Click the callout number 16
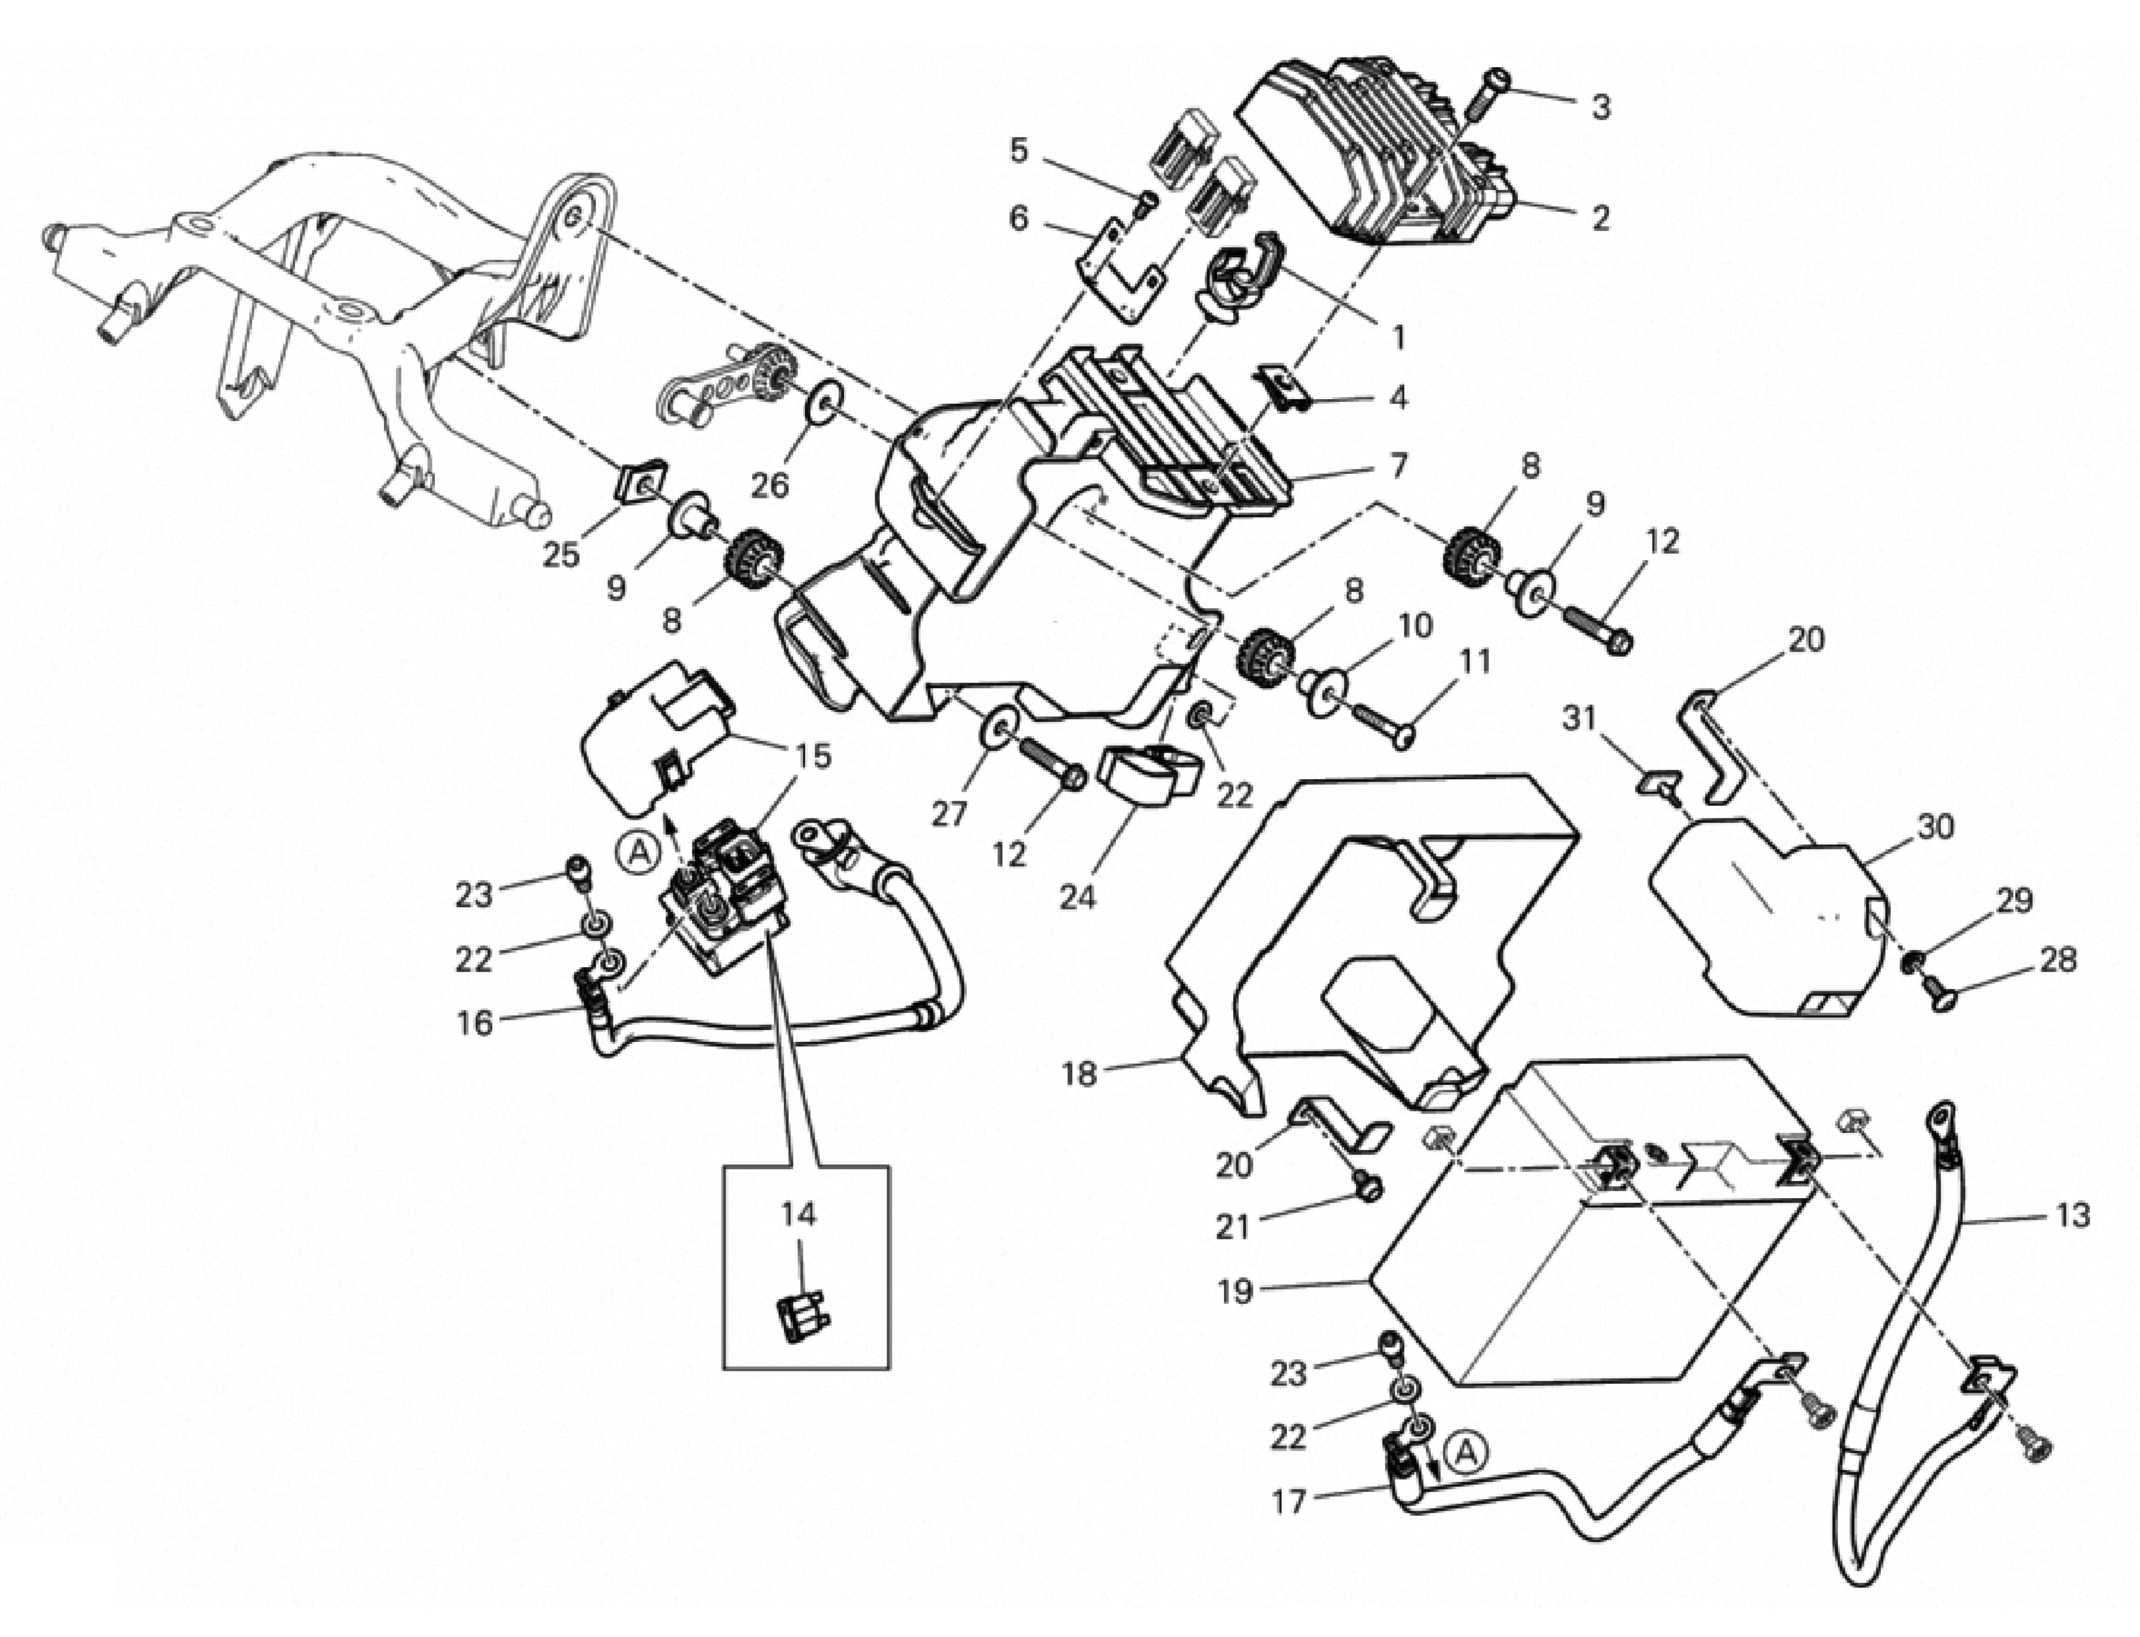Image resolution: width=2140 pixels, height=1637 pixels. (475, 1023)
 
